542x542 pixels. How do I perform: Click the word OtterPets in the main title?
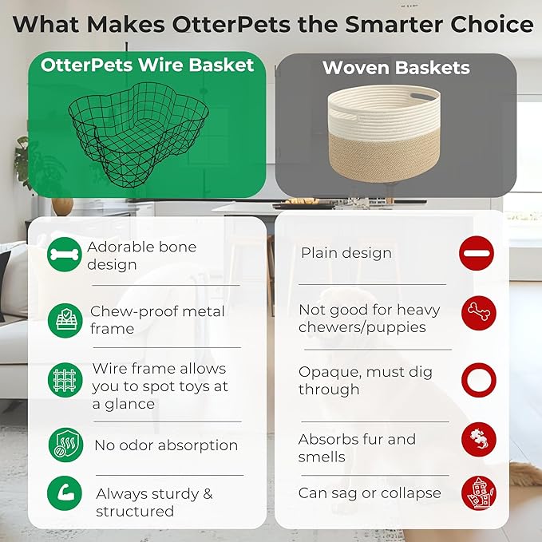(225, 24)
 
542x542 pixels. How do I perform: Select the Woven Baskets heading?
(395, 67)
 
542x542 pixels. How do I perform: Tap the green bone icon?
(64, 255)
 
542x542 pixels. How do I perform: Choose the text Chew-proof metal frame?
(157, 319)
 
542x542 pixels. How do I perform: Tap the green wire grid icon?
(64, 381)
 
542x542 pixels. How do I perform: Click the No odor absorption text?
(166, 445)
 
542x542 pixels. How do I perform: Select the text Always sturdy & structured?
(154, 502)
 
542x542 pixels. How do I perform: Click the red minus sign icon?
(477, 254)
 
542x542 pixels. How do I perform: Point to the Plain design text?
(346, 253)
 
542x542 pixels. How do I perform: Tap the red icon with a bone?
(478, 312)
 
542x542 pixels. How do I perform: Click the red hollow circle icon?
(478, 380)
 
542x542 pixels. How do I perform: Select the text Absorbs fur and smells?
(357, 448)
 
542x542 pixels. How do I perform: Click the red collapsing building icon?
(478, 493)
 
